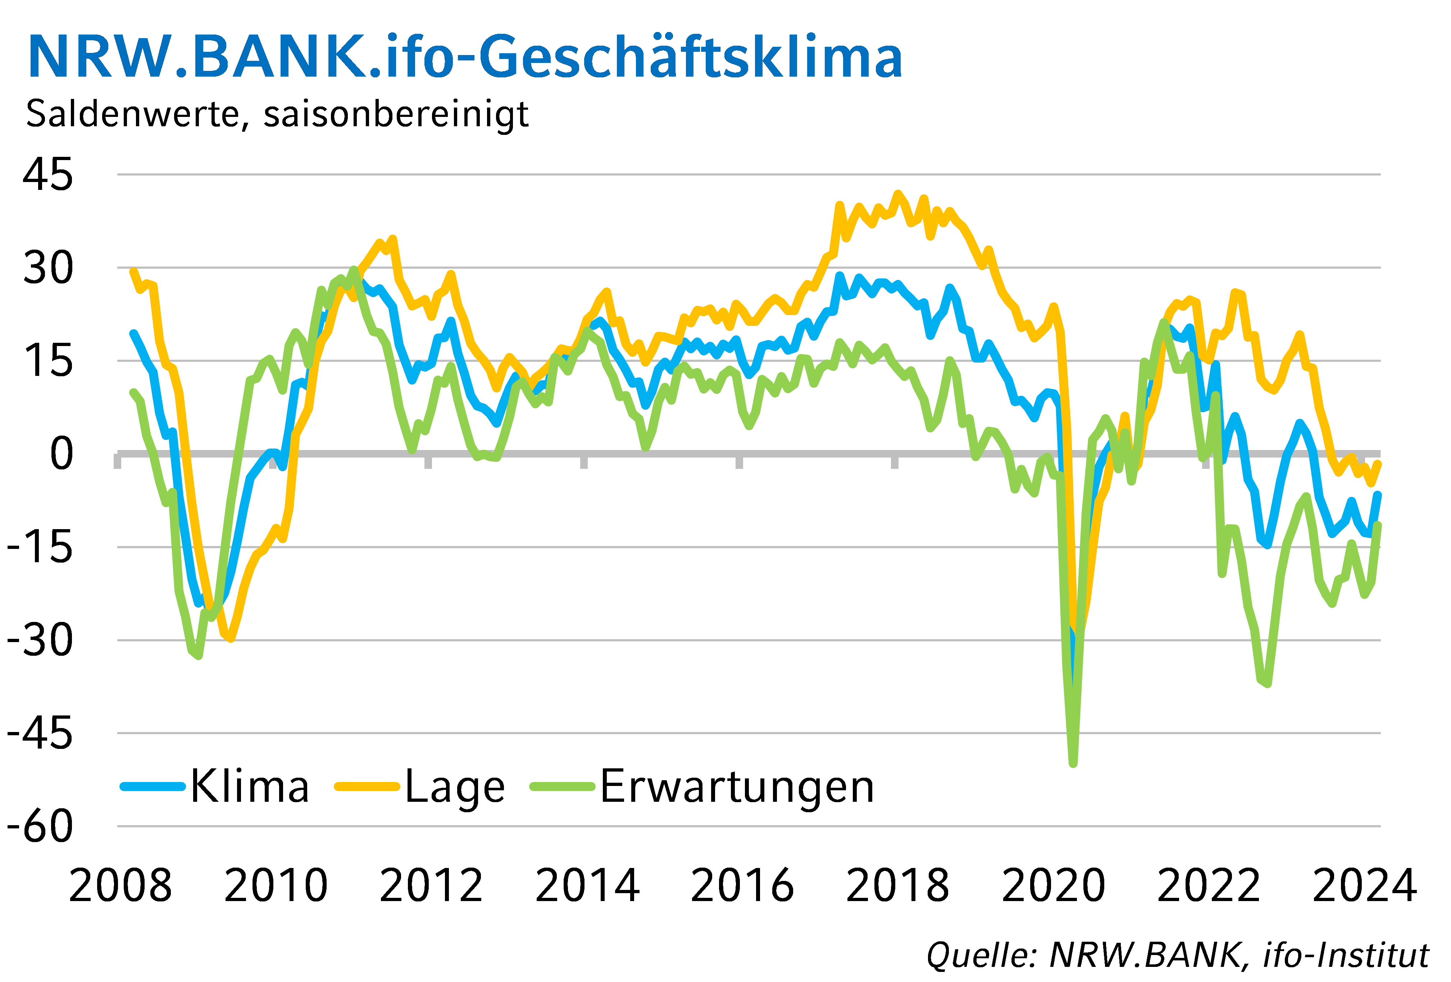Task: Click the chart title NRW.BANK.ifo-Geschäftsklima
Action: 465,58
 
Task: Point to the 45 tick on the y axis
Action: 48,175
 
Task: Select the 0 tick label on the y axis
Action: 61,454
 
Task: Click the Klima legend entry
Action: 250,787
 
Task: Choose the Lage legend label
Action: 455,787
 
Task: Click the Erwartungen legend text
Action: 737,787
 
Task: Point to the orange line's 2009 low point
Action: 231,638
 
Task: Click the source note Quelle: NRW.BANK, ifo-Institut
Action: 1177,955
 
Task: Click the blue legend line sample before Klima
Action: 153,787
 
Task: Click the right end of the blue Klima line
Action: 1378,495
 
